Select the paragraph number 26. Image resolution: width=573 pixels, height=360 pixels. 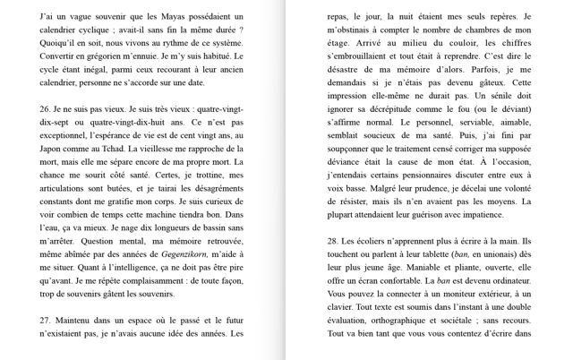click(46, 108)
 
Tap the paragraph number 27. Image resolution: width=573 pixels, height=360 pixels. click(46, 319)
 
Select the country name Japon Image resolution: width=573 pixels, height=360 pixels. click(54, 149)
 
